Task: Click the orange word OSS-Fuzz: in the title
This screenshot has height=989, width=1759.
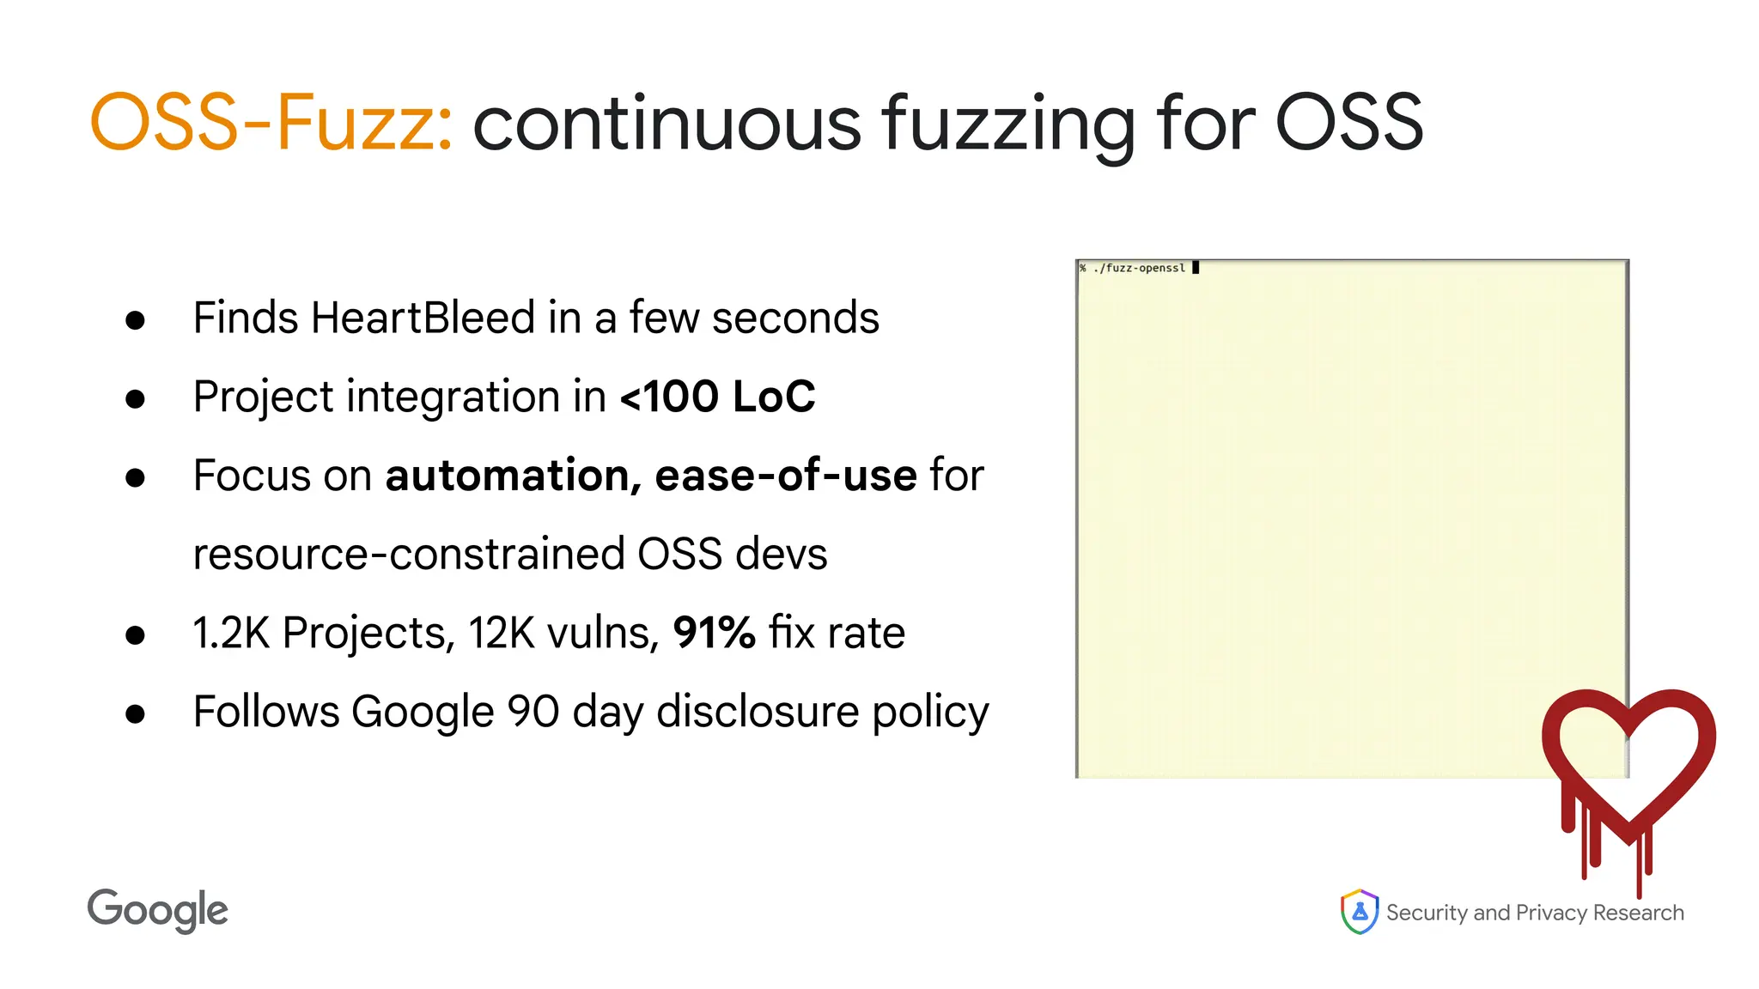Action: pyautogui.click(x=271, y=123)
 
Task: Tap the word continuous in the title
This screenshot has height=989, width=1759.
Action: pyautogui.click(x=666, y=123)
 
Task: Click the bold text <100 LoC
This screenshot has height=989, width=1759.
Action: pyautogui.click(x=717, y=397)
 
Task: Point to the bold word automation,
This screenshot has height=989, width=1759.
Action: pyautogui.click(x=513, y=476)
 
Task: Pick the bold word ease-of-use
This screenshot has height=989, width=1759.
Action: pyautogui.click(x=785, y=476)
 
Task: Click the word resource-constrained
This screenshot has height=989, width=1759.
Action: pyautogui.click(x=408, y=554)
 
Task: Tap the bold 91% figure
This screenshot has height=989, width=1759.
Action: pyautogui.click(x=714, y=633)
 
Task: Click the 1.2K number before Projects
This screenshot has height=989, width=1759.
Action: pyautogui.click(x=231, y=633)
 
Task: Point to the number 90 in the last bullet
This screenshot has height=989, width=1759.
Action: pyautogui.click(x=533, y=712)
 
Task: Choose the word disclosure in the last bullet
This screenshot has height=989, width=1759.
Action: pyautogui.click(x=758, y=712)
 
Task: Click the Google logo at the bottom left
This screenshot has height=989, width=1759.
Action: pyautogui.click(x=158, y=910)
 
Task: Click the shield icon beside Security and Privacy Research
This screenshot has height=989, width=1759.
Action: pyautogui.click(x=1360, y=911)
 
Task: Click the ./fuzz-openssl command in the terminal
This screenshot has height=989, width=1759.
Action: pyautogui.click(x=1139, y=268)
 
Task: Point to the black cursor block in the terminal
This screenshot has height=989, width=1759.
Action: pyautogui.click(x=1196, y=268)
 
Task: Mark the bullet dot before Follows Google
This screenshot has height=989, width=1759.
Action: pyautogui.click(x=135, y=713)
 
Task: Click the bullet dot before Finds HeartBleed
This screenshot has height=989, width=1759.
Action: pyautogui.click(x=135, y=320)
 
